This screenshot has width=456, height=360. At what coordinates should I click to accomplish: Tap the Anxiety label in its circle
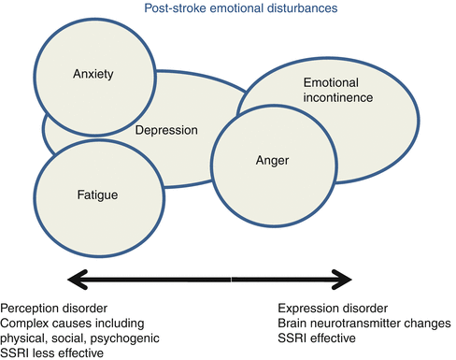tap(93, 76)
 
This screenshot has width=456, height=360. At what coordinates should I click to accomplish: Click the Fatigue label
tap(92, 194)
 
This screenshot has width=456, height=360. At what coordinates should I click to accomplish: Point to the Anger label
tap(272, 161)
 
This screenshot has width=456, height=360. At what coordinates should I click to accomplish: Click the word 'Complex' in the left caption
tap(24, 323)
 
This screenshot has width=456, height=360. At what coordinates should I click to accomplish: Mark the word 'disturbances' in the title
tap(288, 10)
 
